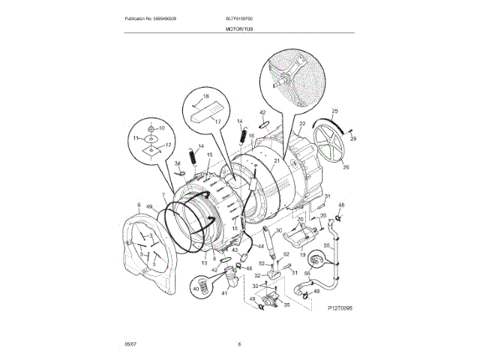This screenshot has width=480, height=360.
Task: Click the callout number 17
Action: pyautogui.click(x=219, y=121)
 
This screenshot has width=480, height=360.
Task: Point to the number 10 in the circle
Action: pyautogui.click(x=160, y=127)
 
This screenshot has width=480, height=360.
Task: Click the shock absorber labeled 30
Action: pyautogui.click(x=267, y=238)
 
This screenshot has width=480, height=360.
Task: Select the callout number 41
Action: pyautogui.click(x=223, y=293)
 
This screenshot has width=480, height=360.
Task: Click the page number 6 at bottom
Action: pyautogui.click(x=239, y=344)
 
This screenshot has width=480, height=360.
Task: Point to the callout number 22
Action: pyautogui.click(x=302, y=124)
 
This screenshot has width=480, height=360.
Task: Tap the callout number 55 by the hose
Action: pyautogui.click(x=327, y=245)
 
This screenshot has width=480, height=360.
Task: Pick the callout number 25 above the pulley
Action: pyautogui.click(x=334, y=111)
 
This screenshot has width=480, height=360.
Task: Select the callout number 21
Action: pyautogui.click(x=276, y=161)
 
